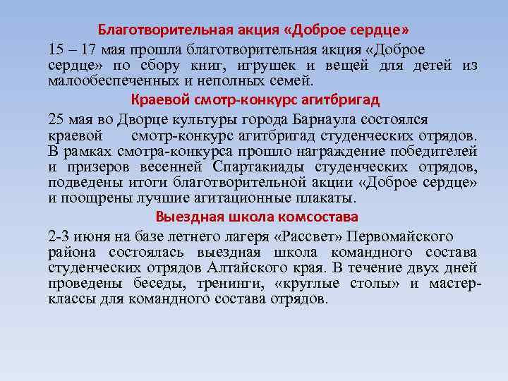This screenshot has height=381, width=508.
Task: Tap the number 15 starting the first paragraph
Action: tap(56, 49)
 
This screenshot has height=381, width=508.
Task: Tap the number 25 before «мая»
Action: tap(56, 119)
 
